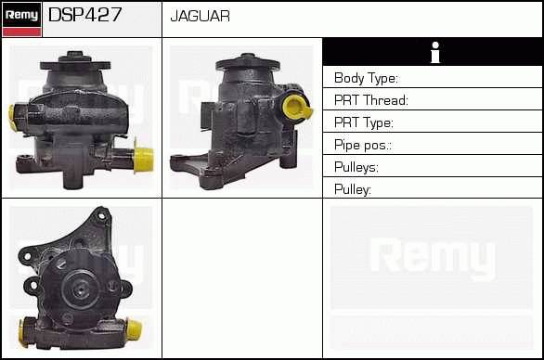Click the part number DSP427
click(85, 15)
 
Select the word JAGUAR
click(201, 16)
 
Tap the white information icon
click(435, 53)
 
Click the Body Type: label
click(366, 78)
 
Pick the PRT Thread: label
click(371, 100)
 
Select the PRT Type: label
click(364, 122)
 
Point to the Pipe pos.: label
click(363, 145)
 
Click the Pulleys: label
click(356, 167)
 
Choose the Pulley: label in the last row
click(353, 189)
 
